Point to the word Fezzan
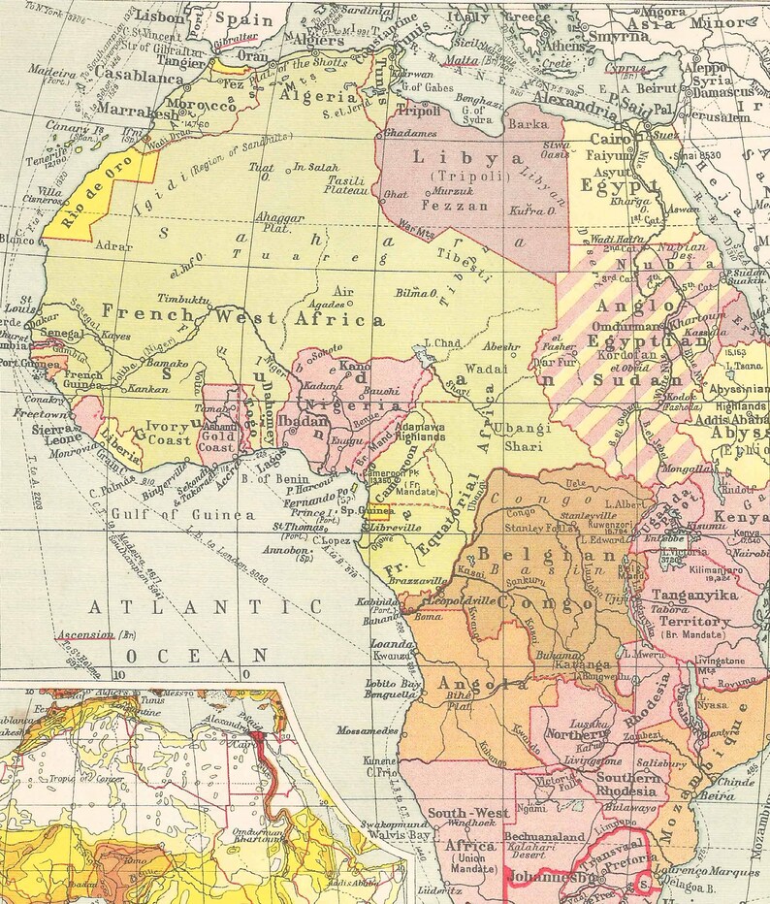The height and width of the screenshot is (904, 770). [x=444, y=205]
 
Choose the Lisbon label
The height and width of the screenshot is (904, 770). [x=161, y=16]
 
